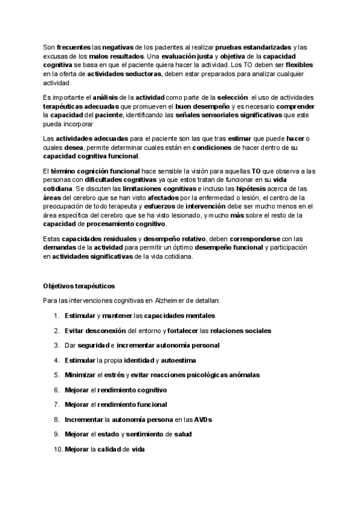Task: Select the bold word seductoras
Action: click(142, 74)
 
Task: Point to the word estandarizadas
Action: click(262, 47)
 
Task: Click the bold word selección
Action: click(232, 97)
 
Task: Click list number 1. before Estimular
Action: click(56, 316)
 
